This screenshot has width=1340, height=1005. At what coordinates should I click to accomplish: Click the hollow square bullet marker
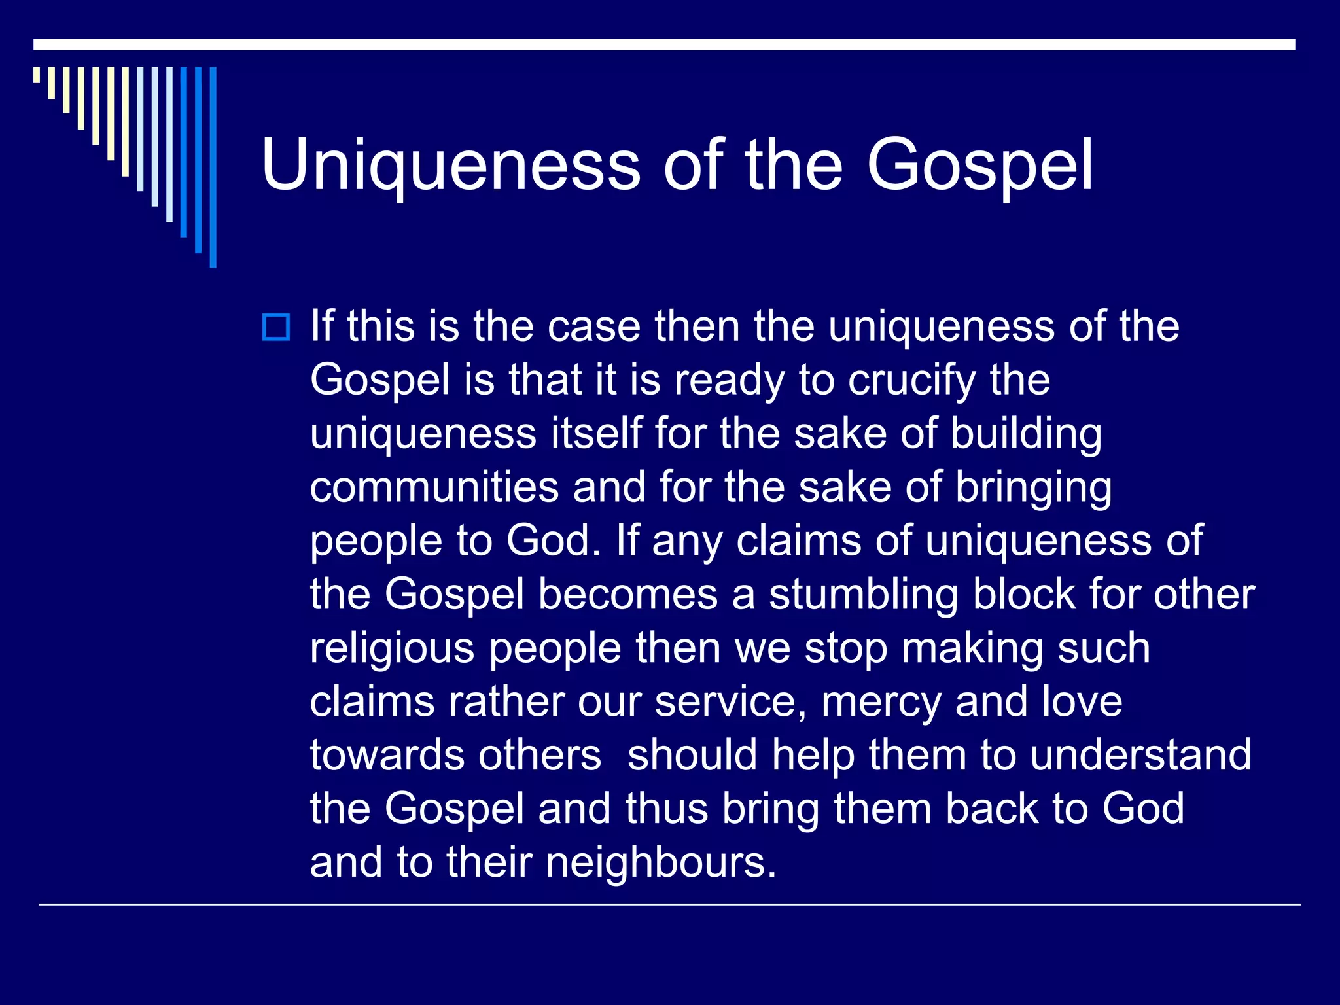tap(275, 327)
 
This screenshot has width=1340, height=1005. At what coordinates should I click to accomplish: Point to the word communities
tap(434, 487)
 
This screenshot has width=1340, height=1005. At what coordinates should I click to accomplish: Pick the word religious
tap(392, 649)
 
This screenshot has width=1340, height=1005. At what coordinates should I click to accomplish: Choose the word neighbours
tap(661, 862)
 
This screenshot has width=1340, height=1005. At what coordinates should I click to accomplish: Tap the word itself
tap(596, 434)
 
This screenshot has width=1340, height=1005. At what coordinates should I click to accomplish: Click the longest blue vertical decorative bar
tap(213, 167)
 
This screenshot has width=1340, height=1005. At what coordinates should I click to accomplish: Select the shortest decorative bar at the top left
tap(37, 75)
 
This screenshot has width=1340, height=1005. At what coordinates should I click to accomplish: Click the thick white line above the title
tap(664, 44)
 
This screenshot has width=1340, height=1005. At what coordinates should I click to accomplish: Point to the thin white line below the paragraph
tap(669, 905)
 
